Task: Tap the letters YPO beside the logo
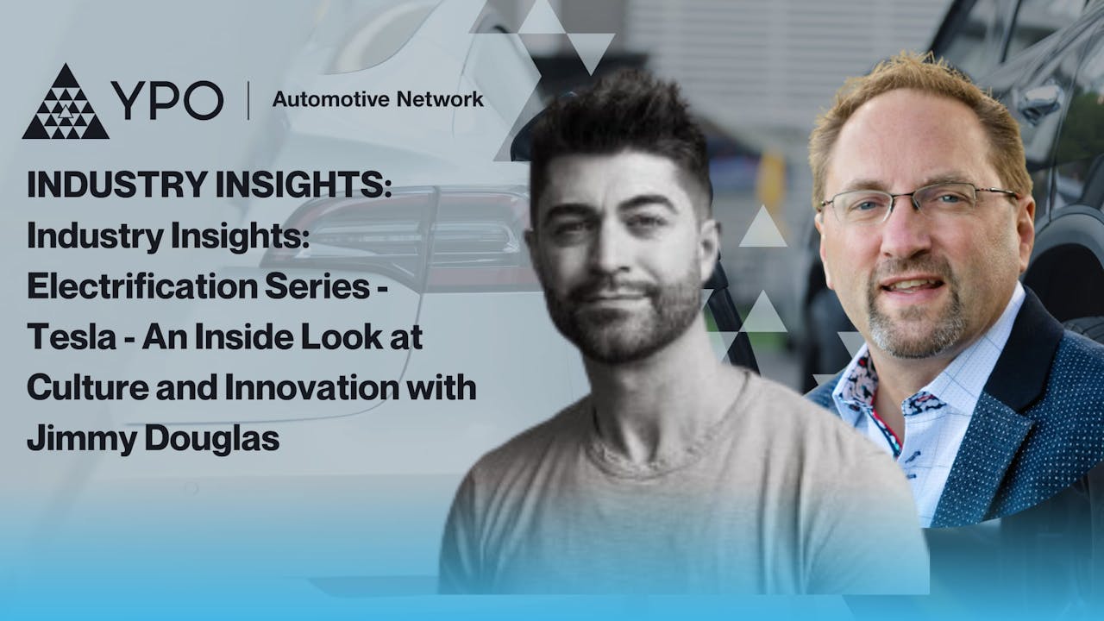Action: (x=166, y=103)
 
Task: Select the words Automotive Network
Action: (x=378, y=99)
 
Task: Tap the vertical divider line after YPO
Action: (x=248, y=101)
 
